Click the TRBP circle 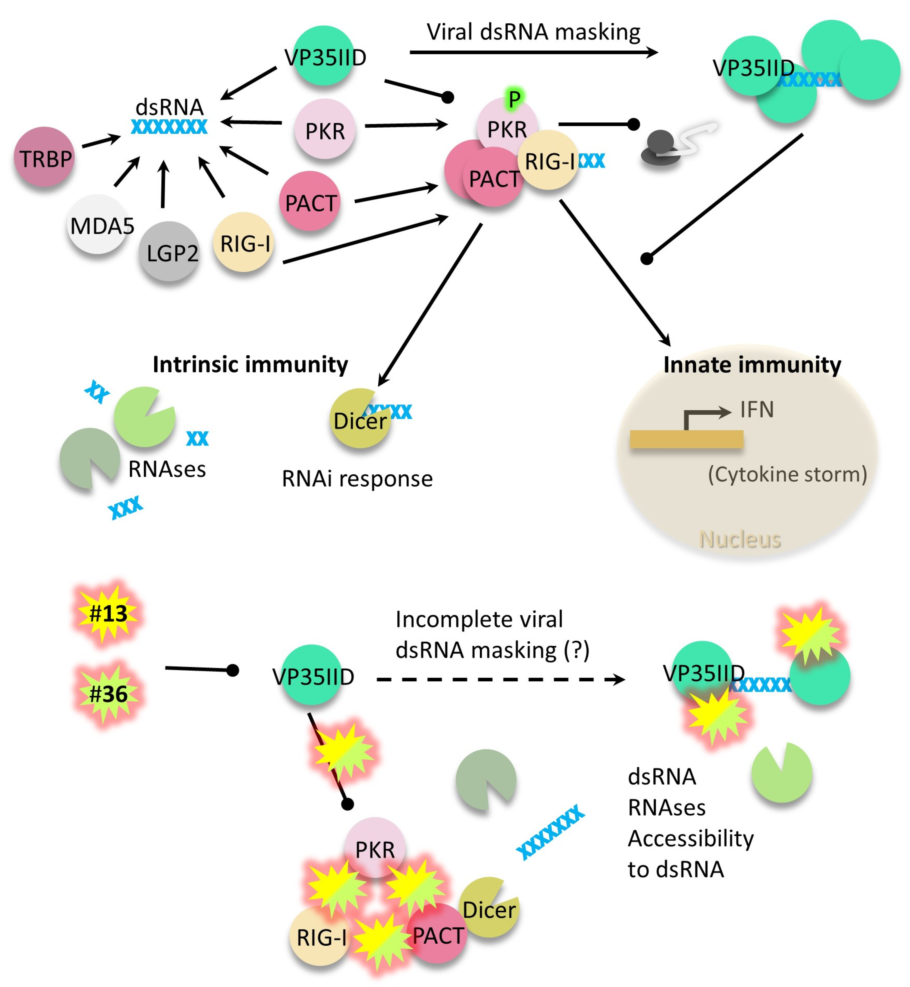point(44,157)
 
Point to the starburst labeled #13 point(108,613)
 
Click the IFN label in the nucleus point(757,410)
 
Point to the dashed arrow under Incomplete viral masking point(500,680)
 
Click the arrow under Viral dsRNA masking point(533,52)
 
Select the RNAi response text point(357,479)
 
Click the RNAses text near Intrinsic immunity point(167,469)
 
